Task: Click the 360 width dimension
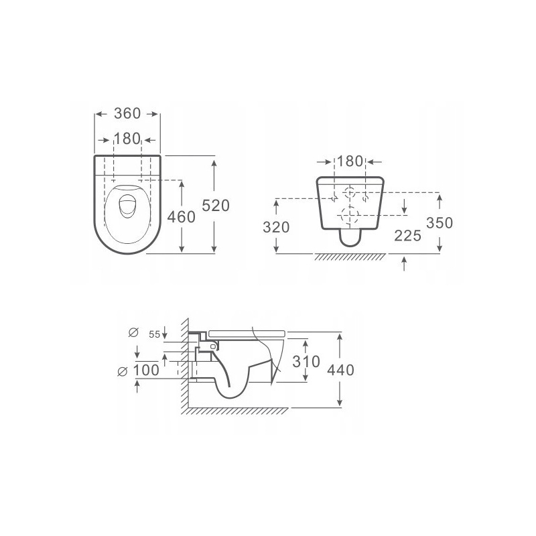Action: pos(127,113)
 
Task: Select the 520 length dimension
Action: pos(216,206)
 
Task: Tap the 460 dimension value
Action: pos(181,216)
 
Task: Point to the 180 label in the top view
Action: pos(127,139)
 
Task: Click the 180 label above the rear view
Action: pos(350,161)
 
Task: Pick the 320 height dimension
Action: pos(276,227)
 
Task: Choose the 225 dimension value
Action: pos(407,236)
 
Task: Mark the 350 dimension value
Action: pos(440,223)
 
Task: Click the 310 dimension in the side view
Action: pos(306,361)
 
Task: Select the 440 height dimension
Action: pos(340,370)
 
